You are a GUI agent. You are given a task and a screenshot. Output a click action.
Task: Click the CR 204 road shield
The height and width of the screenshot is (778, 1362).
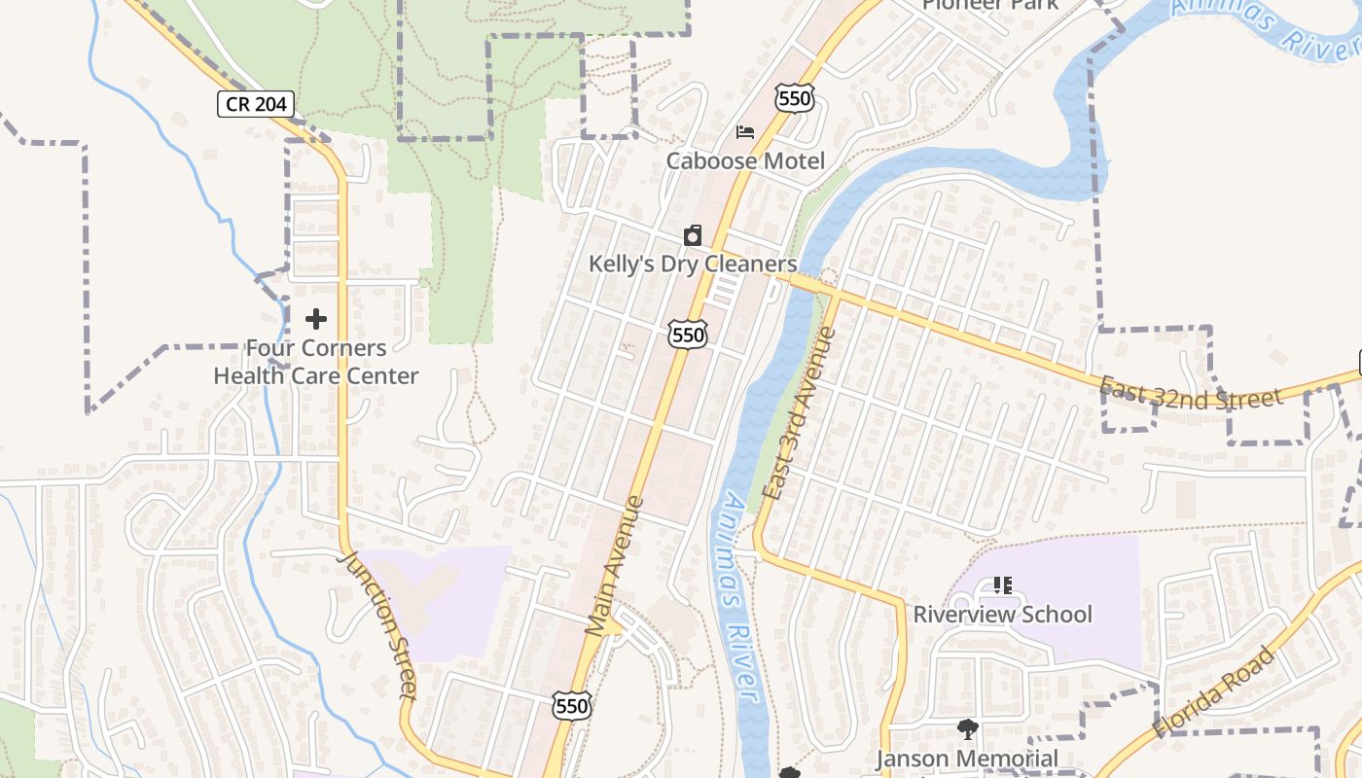pyautogui.click(x=255, y=104)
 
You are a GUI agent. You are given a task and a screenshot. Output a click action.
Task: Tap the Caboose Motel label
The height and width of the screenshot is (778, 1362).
pyautogui.click(x=745, y=161)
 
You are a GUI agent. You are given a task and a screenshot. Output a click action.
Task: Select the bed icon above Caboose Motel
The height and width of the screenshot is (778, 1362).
pyautogui.click(x=745, y=132)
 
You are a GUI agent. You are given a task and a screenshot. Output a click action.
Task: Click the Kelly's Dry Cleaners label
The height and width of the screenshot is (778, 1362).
pyautogui.click(x=693, y=264)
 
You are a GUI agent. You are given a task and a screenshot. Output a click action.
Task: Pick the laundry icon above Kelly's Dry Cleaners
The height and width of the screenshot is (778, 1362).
pyautogui.click(x=693, y=235)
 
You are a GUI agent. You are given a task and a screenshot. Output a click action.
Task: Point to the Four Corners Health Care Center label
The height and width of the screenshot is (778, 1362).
pyautogui.click(x=316, y=362)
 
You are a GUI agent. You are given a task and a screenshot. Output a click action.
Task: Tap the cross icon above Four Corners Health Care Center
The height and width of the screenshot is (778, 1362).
pyautogui.click(x=316, y=319)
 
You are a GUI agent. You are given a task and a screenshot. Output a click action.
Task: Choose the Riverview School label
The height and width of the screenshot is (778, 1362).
pyautogui.click(x=1002, y=615)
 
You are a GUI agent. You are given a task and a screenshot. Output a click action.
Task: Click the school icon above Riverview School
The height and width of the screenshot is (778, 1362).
pyautogui.click(x=1003, y=585)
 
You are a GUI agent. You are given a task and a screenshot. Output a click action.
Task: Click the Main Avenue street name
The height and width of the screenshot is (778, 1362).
pyautogui.click(x=615, y=566)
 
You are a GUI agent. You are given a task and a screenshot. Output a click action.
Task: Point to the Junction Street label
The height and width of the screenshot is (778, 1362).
pyautogui.click(x=377, y=624)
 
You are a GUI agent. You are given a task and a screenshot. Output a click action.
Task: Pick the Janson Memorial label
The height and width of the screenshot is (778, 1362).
pyautogui.click(x=967, y=759)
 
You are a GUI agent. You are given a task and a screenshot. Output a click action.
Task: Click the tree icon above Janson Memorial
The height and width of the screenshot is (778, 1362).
pyautogui.click(x=967, y=729)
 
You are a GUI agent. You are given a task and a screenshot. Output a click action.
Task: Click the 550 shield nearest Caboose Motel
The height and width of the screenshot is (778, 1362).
pyautogui.click(x=795, y=96)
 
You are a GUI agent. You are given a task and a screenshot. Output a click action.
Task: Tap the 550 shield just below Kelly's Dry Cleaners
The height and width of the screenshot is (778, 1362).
pyautogui.click(x=688, y=335)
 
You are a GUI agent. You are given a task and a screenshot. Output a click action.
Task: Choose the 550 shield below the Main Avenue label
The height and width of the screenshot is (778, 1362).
pyautogui.click(x=572, y=706)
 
